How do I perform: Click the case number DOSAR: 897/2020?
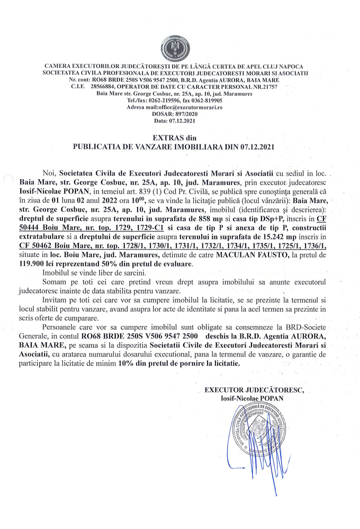click(180, 114)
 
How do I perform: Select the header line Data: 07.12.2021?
click(180, 121)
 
